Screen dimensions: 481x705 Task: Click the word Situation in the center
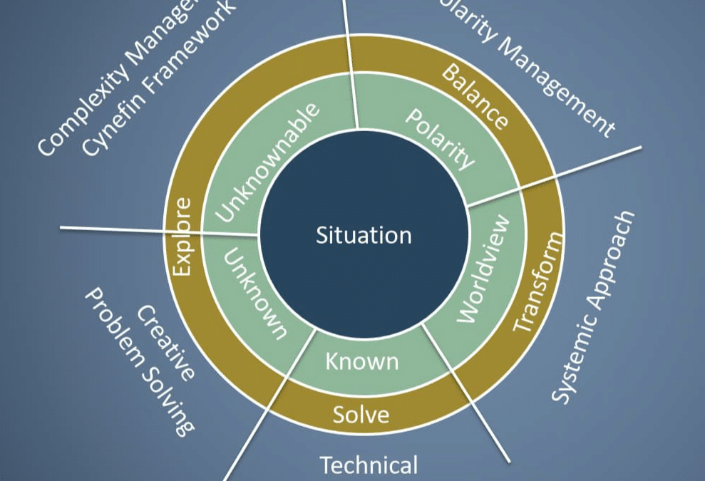tap(364, 235)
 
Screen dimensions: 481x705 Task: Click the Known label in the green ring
tap(361, 361)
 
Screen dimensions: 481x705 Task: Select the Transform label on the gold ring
tap(538, 278)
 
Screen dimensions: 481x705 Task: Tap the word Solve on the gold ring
tap(361, 414)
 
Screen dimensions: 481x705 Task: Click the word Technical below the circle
tap(368, 465)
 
